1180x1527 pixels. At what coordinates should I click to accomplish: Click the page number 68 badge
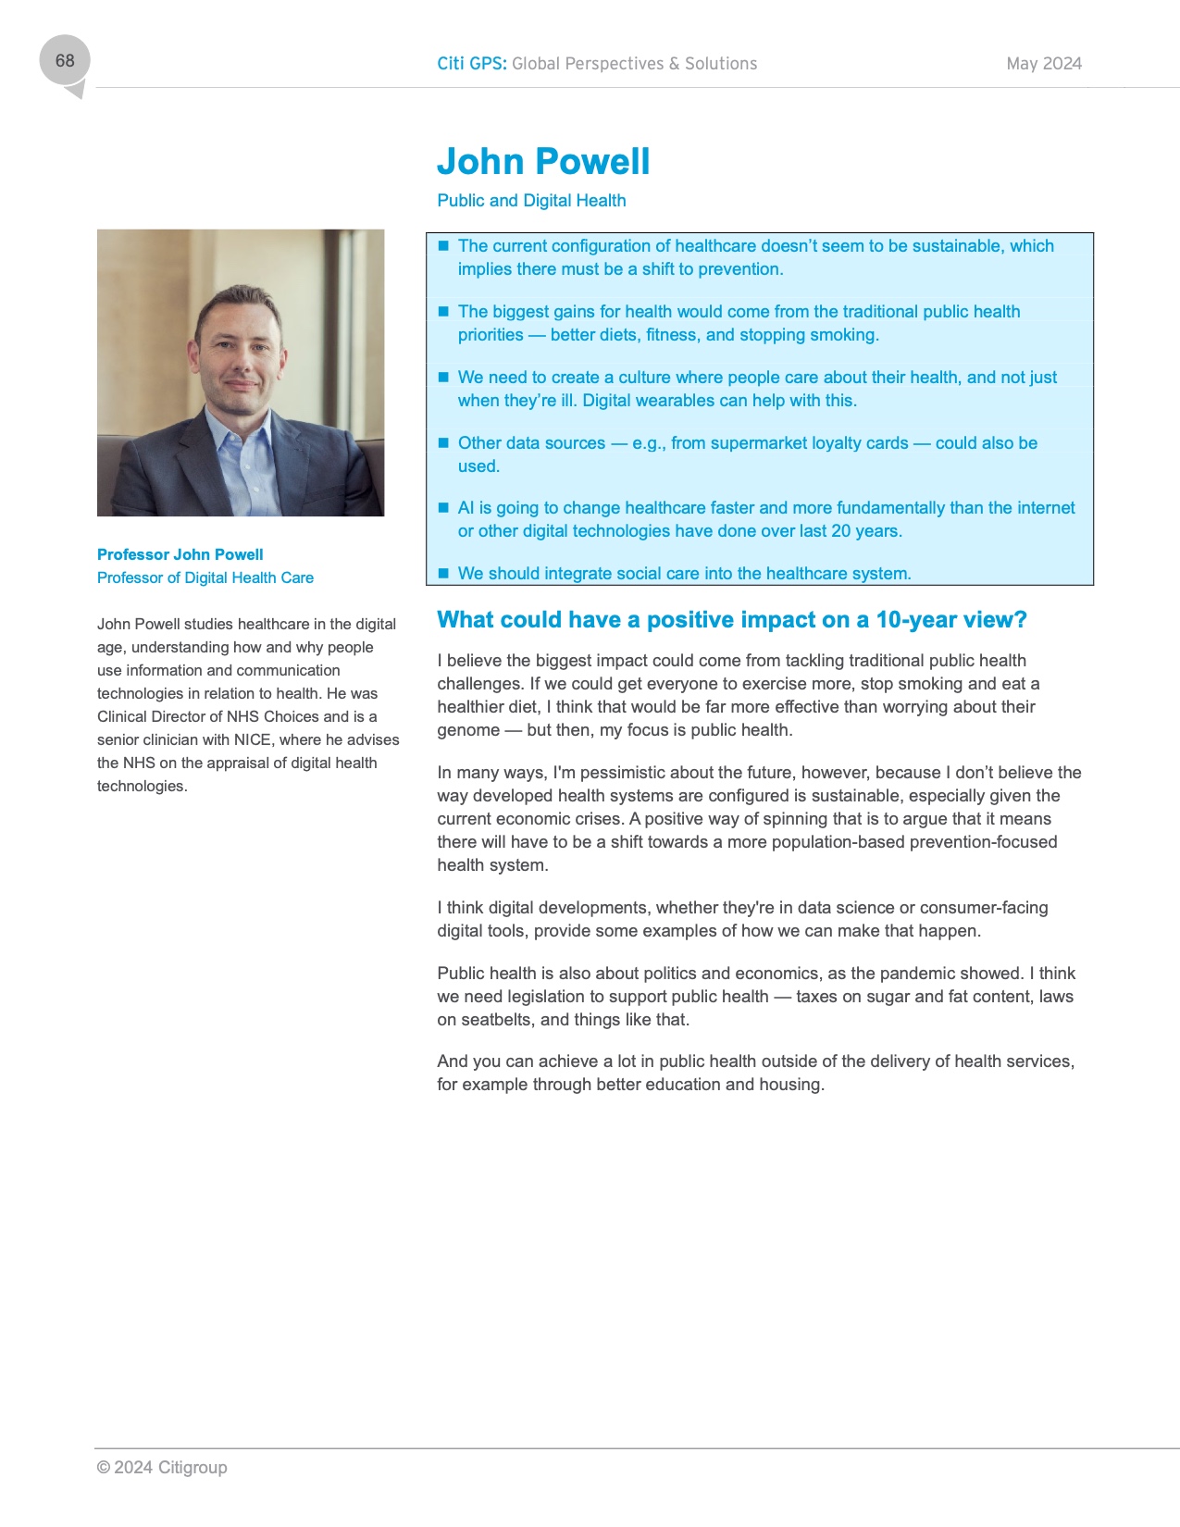[65, 61]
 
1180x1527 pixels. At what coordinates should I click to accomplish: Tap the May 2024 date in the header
[1044, 64]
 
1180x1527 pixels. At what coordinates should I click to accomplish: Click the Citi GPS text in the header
[471, 64]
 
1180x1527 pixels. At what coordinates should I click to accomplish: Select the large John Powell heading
[543, 162]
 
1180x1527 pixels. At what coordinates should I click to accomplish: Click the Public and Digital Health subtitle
[531, 201]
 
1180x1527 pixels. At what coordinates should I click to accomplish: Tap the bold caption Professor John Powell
[180, 554]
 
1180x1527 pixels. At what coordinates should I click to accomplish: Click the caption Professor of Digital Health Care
[205, 577]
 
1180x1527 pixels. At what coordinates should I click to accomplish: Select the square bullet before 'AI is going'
[443, 507]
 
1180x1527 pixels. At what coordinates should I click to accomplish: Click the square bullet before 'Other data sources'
[443, 442]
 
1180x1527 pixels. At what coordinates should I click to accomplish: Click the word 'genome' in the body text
[468, 730]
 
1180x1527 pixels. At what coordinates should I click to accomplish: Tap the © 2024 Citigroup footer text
[162, 1468]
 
